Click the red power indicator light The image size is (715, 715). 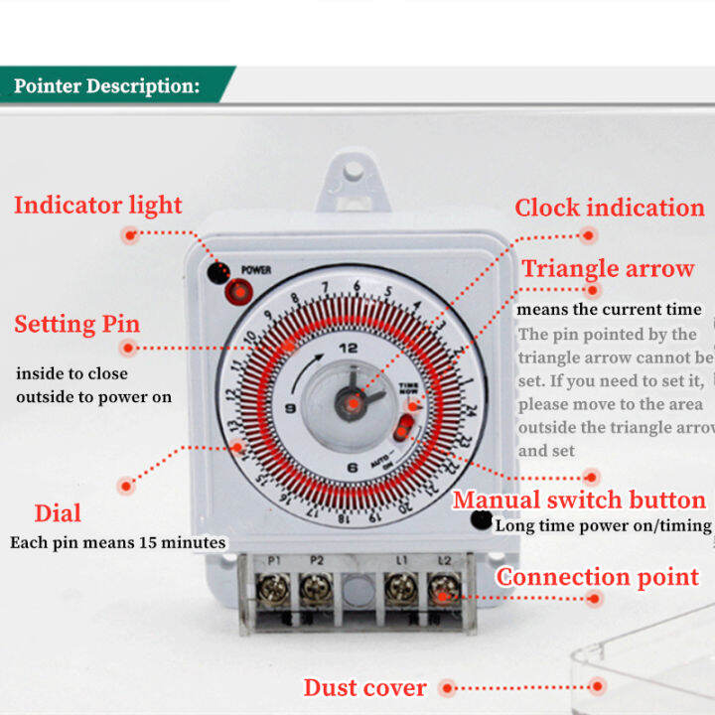(x=239, y=292)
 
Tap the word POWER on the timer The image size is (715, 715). (x=256, y=270)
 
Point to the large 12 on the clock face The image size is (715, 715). (x=348, y=349)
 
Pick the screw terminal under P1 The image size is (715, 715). (x=272, y=594)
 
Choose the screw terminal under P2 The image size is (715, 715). (x=316, y=594)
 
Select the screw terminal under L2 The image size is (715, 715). (x=444, y=594)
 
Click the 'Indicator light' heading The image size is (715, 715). (x=97, y=206)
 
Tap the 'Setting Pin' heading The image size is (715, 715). (x=76, y=324)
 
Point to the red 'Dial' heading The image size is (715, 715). (x=58, y=513)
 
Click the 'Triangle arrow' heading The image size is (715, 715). (x=608, y=268)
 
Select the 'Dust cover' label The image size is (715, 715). (x=364, y=687)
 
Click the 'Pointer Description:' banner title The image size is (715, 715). (x=106, y=85)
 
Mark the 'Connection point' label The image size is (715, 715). (x=598, y=577)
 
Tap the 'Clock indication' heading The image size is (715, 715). (x=609, y=208)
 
